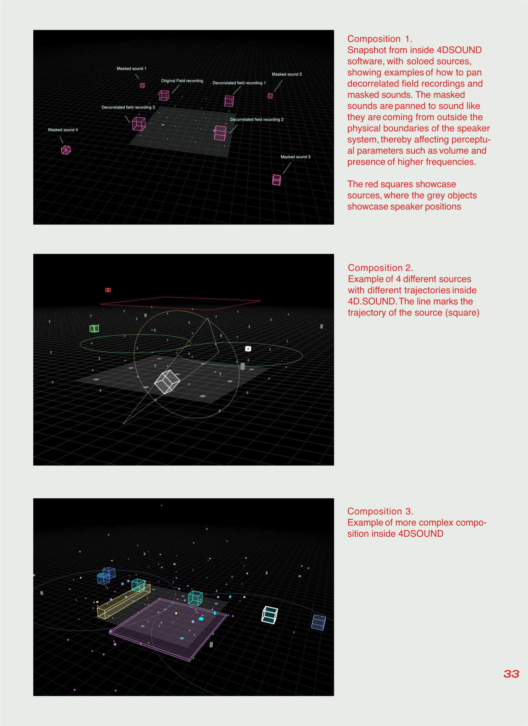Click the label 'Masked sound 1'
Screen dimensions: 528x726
pos(131,68)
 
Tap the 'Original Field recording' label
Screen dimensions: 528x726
pos(182,81)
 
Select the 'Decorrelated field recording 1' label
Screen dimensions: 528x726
pos(239,83)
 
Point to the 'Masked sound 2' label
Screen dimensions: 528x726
pos(287,74)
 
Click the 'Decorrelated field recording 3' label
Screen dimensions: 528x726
pos(128,107)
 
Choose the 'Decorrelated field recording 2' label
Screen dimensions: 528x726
pos(257,119)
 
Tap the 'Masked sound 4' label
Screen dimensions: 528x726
pos(63,130)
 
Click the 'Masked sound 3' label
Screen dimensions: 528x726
pos(296,157)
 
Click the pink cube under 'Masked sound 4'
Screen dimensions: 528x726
pos(66,150)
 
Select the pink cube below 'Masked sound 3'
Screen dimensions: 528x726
pos(277,180)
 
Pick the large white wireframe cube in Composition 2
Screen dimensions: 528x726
pos(167,382)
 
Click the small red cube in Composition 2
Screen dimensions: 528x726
pos(108,290)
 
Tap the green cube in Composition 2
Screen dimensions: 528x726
pos(94,329)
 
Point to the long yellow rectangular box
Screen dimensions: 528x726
pos(124,601)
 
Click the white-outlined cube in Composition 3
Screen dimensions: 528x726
pos(270,615)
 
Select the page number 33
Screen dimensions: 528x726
pos(511,674)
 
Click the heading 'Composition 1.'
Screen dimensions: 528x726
pos(380,39)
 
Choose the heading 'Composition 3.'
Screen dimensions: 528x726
pos(380,511)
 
